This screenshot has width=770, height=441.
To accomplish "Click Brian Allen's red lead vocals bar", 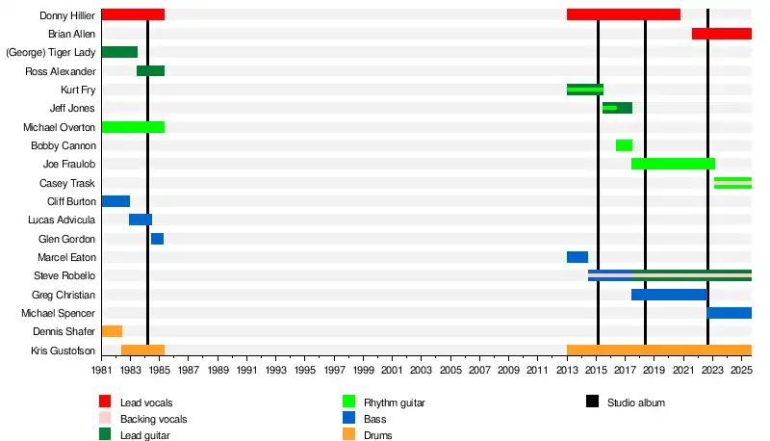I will point(721,34).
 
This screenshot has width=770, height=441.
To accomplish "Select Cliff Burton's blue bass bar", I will point(115,201).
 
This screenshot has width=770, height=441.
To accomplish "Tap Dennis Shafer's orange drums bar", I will point(112,331).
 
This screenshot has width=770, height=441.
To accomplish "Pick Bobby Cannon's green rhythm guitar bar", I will point(624,145).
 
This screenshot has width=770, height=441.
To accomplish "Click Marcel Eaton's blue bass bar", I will point(577,257).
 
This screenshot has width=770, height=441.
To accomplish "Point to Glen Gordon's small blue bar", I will point(157,239).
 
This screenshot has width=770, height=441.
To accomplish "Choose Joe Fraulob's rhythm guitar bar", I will point(673,164).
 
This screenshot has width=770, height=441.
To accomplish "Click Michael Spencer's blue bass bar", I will point(729,313).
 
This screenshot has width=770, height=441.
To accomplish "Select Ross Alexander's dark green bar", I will point(150,71).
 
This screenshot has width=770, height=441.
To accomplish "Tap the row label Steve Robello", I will point(66,276).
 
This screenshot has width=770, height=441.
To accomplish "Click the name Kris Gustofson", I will point(64,350).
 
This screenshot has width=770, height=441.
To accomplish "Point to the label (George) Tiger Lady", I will point(51,53).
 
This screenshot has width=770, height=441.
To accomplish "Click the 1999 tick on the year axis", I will point(363,370).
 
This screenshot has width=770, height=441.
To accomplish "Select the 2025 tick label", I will point(741,370).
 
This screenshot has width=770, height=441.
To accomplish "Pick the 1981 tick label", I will point(102,370).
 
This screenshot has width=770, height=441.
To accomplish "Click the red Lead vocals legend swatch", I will point(105,402).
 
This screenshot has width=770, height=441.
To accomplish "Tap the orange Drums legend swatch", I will point(348,435).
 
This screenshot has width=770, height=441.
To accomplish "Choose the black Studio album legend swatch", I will point(592,402).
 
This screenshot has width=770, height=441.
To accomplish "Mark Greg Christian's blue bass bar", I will point(669,295).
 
